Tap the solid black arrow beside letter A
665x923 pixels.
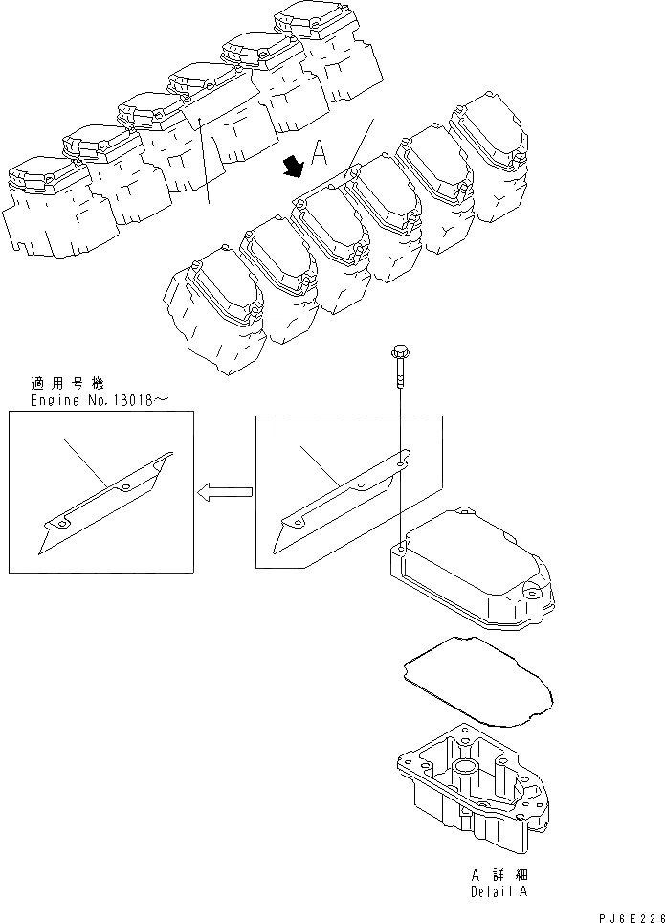coord(293,167)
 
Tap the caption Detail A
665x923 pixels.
coord(499,891)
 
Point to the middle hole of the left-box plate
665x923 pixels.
coord(128,488)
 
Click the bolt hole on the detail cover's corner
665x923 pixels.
coord(399,550)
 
